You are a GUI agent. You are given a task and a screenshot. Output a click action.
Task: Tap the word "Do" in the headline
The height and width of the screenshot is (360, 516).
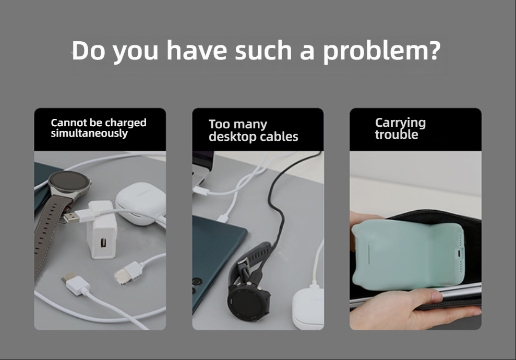[88, 51]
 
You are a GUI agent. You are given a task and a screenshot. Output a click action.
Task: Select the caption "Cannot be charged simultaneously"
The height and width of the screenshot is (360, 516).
[99, 128]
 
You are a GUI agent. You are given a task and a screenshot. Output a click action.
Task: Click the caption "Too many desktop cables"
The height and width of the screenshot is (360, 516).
[254, 130]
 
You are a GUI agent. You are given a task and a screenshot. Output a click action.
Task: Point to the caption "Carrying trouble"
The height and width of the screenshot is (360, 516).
[400, 128]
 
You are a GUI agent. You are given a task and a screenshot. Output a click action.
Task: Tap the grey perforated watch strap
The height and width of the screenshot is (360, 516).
[50, 230]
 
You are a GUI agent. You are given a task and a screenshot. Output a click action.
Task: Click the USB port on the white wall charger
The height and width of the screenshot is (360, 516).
[103, 243]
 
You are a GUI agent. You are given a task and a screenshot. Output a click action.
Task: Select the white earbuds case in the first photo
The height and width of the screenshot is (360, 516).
[140, 204]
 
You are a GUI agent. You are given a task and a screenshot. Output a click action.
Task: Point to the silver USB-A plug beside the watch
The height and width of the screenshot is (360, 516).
[71, 217]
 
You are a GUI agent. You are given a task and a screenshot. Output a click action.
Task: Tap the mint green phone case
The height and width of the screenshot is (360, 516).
[408, 255]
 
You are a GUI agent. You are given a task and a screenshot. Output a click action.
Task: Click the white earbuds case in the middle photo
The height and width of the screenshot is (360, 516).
[308, 308]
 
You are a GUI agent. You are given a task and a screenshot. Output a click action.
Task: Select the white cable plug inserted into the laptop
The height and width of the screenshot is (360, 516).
[201, 191]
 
